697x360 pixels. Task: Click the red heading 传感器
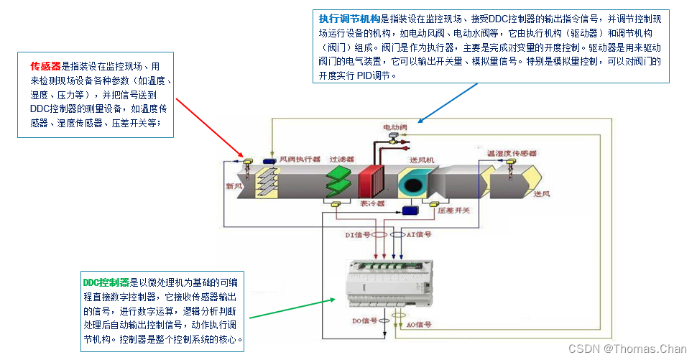45,65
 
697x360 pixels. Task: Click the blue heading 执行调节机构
349,19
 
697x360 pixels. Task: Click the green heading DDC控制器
106,282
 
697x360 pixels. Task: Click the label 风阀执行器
299,159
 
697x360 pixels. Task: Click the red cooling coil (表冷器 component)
372,183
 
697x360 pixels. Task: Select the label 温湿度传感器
512,153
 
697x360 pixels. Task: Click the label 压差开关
453,210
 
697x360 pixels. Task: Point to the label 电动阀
394,127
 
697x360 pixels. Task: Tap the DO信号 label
364,320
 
